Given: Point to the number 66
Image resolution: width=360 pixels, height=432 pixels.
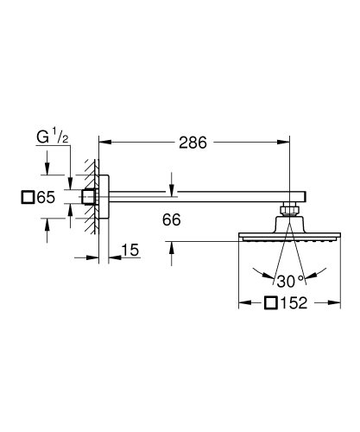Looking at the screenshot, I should pyautogui.click(x=171, y=220).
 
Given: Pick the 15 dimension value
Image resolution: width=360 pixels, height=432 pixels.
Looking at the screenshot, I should pyautogui.click(x=129, y=250).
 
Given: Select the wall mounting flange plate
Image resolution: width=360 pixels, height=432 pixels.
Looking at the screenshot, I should pyautogui.click(x=104, y=196).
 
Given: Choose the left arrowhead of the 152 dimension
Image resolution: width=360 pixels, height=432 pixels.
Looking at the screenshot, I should pyautogui.click(x=241, y=302).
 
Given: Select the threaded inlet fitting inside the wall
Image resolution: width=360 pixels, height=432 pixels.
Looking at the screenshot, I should pyautogui.click(x=90, y=196).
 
